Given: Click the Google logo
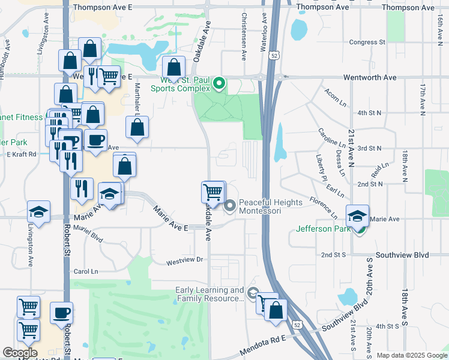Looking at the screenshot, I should tap(20, 353).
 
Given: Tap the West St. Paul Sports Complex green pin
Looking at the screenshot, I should tap(219, 83).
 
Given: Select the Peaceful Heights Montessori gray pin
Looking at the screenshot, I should tap(230, 207).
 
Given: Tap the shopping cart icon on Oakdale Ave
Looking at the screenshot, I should tap(214, 192).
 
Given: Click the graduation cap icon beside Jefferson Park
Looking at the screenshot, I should tap(357, 215).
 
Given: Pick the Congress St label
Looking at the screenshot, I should tap(367, 43).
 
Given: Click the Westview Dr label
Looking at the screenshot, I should tap(185, 260).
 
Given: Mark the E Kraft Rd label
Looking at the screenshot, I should tap(22, 154).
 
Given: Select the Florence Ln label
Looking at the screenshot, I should tap(323, 205).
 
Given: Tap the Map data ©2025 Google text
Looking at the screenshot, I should tap(411, 355).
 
